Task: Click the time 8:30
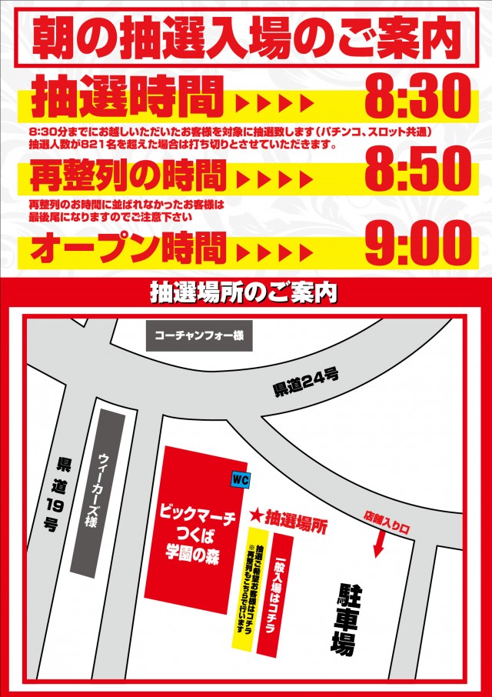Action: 416,98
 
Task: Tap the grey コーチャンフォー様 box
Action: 199,335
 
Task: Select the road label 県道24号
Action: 306,382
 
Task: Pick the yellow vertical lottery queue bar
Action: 244,592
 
